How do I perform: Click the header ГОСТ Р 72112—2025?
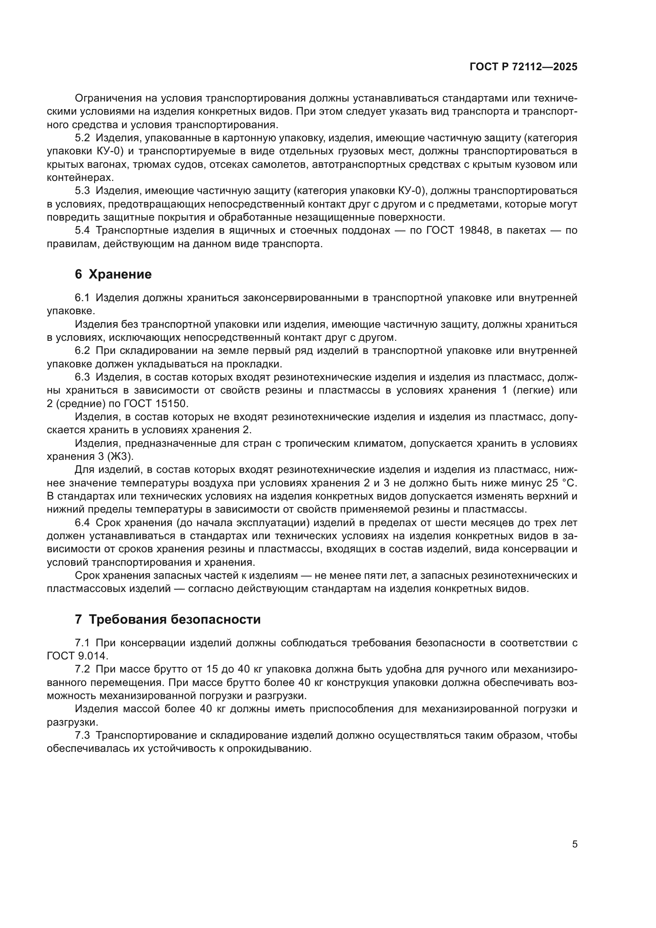point(524,67)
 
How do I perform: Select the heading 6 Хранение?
point(113,275)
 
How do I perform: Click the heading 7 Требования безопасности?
point(168,620)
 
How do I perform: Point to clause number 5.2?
point(82,138)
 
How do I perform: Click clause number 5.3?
point(82,191)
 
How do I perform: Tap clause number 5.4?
point(82,231)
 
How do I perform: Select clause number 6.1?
point(82,298)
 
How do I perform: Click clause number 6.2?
point(82,351)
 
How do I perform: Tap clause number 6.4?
point(82,523)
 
